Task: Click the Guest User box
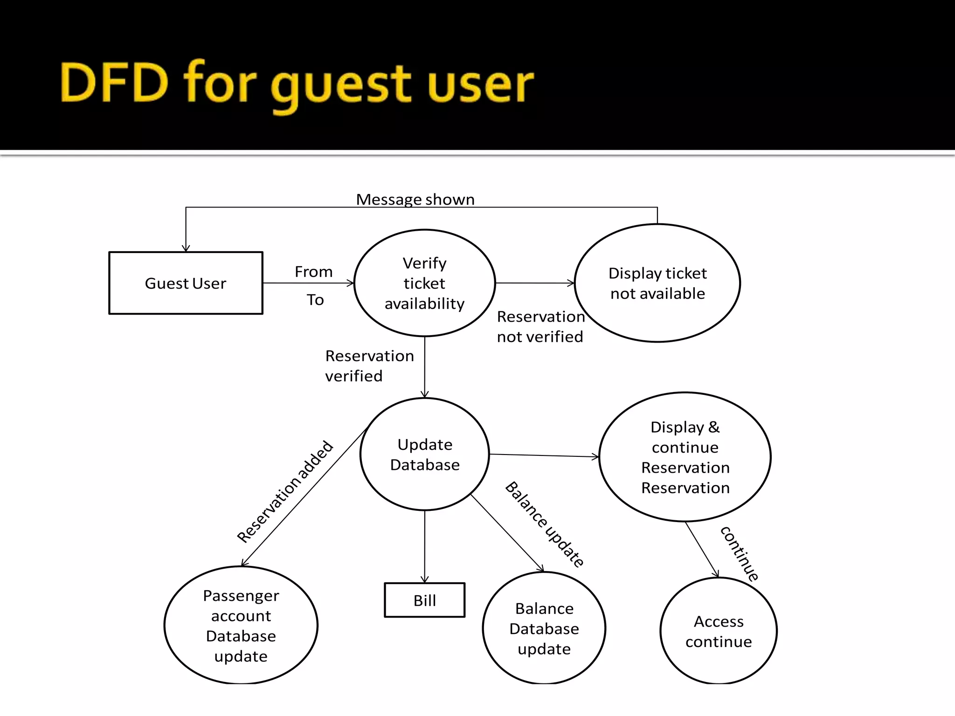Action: coord(186,283)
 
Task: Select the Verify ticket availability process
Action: coord(424,283)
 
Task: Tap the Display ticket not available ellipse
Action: coord(657,283)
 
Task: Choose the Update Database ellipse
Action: coord(424,454)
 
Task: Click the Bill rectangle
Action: coord(424,600)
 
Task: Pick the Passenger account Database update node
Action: coord(241,626)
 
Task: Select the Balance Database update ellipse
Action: coord(544,628)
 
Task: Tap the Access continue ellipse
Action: coord(719,631)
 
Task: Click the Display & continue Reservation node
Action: coord(685,457)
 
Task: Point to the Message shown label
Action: coord(415,200)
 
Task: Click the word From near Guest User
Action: coord(313,272)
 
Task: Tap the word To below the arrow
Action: coord(315,300)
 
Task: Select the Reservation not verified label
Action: coord(540,326)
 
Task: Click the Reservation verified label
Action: coord(369,365)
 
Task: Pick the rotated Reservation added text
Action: coord(285,492)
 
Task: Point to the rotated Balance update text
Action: coord(544,524)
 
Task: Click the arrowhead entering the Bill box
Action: coord(424,579)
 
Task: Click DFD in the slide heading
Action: coord(114,83)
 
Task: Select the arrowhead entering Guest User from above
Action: coord(186,248)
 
